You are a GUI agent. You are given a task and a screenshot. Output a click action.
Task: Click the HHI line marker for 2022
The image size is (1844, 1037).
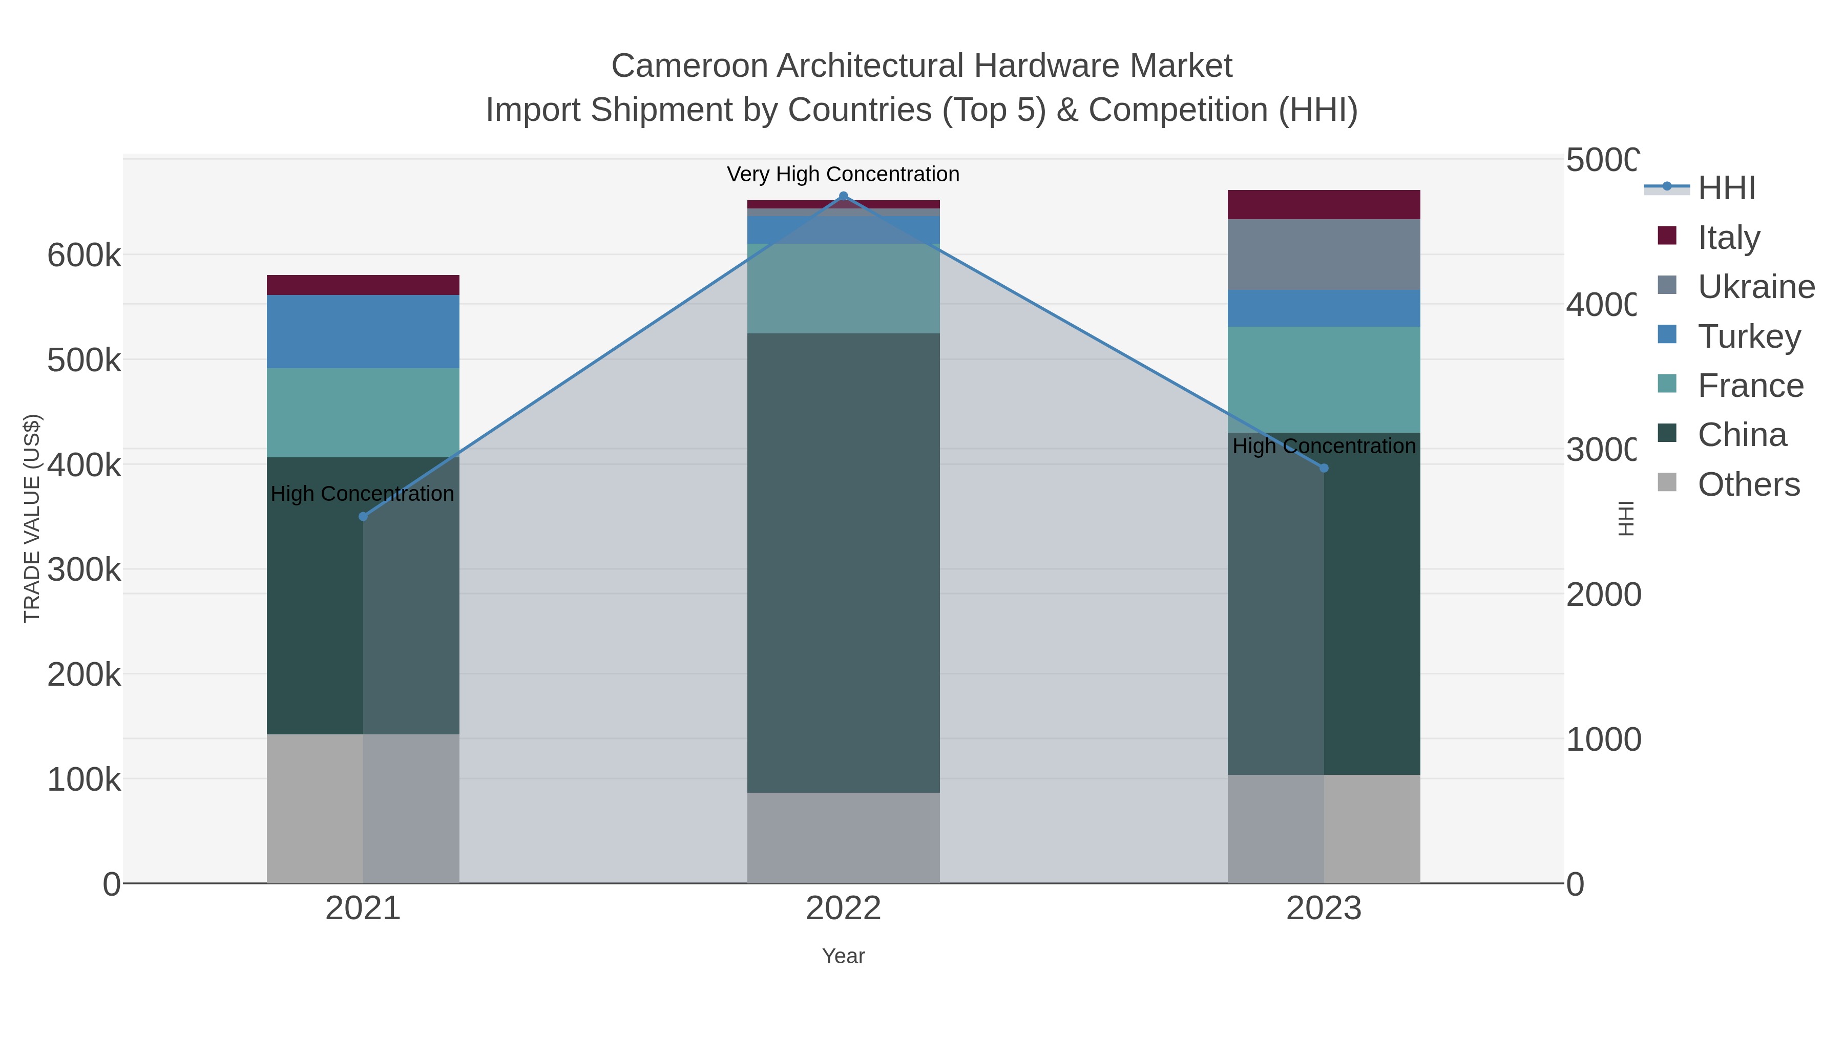(843, 197)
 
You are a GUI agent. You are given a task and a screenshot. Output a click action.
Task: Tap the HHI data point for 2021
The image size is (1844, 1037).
(363, 517)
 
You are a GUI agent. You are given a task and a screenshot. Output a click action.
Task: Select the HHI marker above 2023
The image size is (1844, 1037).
(1324, 468)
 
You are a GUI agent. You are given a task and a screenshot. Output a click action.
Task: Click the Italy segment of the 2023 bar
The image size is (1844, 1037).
(1324, 205)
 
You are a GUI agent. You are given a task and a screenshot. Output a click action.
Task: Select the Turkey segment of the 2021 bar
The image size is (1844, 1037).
(363, 331)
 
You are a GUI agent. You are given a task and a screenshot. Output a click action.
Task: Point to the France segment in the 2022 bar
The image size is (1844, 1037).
(843, 288)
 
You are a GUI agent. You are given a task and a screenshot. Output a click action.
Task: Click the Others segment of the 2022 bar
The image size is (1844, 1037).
(843, 837)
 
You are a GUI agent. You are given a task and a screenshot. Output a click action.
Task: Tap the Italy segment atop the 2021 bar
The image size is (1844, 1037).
(363, 285)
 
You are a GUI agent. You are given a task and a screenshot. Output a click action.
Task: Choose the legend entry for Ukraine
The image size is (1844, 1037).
(1755, 287)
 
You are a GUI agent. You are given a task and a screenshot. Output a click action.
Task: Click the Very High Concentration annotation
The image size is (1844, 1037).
(843, 174)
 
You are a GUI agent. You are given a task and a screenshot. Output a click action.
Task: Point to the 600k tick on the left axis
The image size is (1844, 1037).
(84, 256)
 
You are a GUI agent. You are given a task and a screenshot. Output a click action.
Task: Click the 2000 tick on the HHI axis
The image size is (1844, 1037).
(1603, 595)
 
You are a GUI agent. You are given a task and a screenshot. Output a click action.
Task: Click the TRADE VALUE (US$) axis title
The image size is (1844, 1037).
(32, 518)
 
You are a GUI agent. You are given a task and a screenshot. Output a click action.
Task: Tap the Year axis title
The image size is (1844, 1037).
(843, 956)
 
